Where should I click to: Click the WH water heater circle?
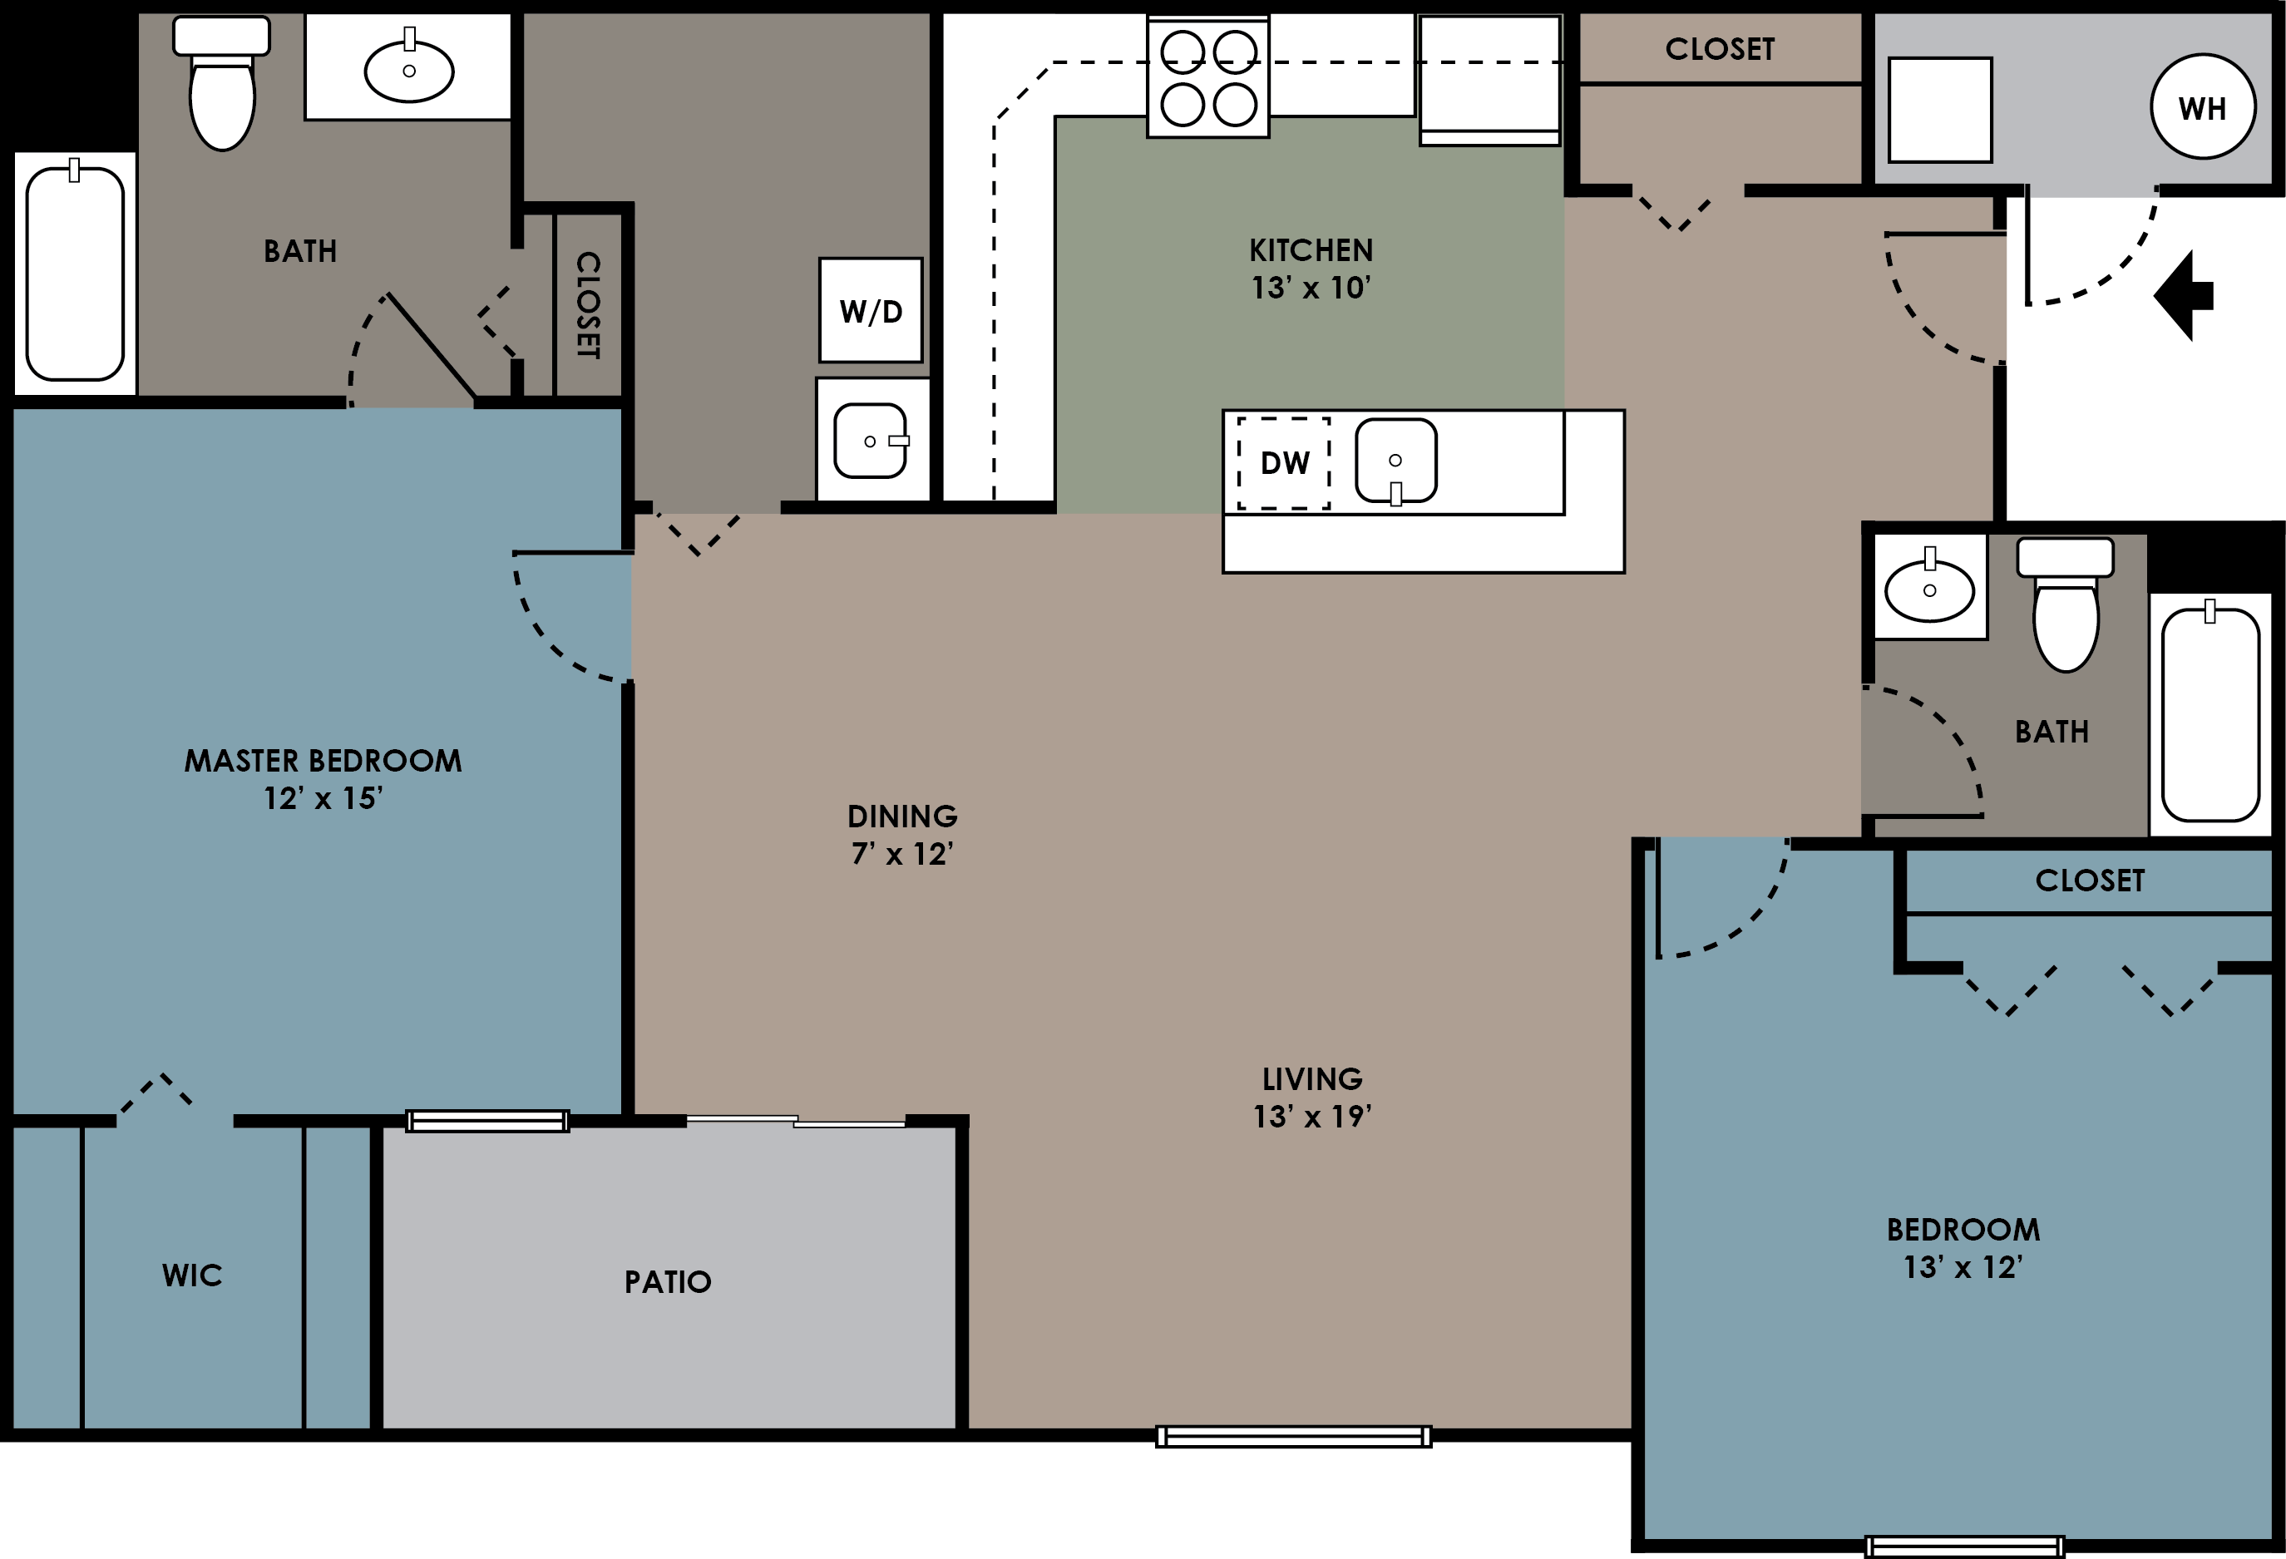click(x=2202, y=106)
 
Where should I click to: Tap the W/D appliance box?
click(x=871, y=310)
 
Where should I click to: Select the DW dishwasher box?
click(x=1284, y=462)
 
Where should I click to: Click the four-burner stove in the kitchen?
click(x=1208, y=77)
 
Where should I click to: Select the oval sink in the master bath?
click(x=408, y=71)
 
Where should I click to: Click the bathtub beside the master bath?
click(x=75, y=274)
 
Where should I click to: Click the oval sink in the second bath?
click(x=1929, y=590)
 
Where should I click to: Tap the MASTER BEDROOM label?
click(x=323, y=760)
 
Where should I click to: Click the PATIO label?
click(x=667, y=1281)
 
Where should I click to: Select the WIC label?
click(x=192, y=1275)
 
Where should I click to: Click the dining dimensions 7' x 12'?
click(x=902, y=854)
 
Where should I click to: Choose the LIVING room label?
click(x=1312, y=1079)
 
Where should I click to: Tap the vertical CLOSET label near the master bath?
click(x=587, y=305)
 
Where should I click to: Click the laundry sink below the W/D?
click(x=871, y=440)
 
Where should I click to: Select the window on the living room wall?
click(x=1292, y=1437)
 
